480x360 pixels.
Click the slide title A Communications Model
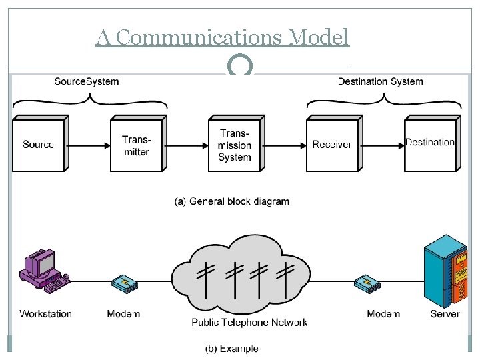coord(222,37)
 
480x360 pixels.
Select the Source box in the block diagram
coord(38,145)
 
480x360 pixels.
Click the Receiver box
coord(332,145)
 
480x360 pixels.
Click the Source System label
coord(87,81)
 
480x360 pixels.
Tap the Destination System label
coord(380,81)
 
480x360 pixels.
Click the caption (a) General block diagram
coord(232,201)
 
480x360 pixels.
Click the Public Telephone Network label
coord(249,323)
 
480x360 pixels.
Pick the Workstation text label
coord(45,313)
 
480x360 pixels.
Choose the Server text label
coord(445,313)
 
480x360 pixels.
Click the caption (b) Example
coord(231,348)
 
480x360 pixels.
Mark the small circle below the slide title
coord(240,66)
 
